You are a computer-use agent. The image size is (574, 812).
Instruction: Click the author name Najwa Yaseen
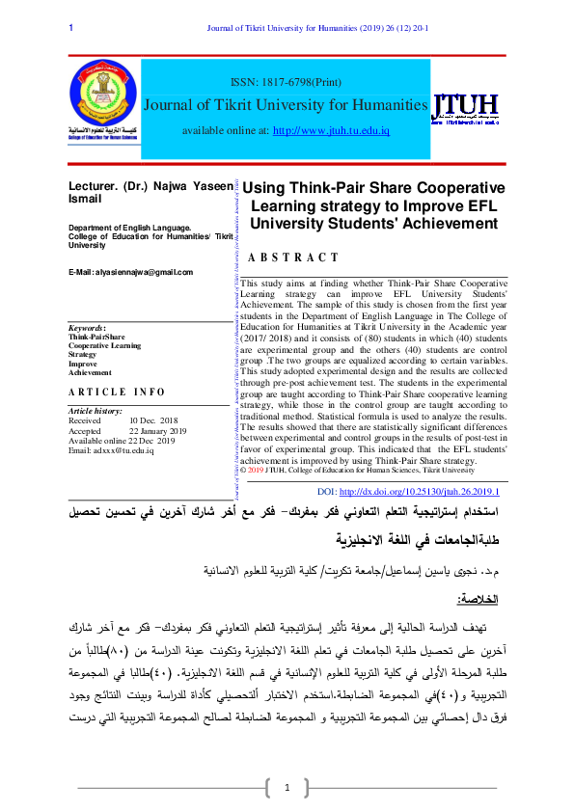(192, 185)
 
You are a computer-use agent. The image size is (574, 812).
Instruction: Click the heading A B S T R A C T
(293, 257)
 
